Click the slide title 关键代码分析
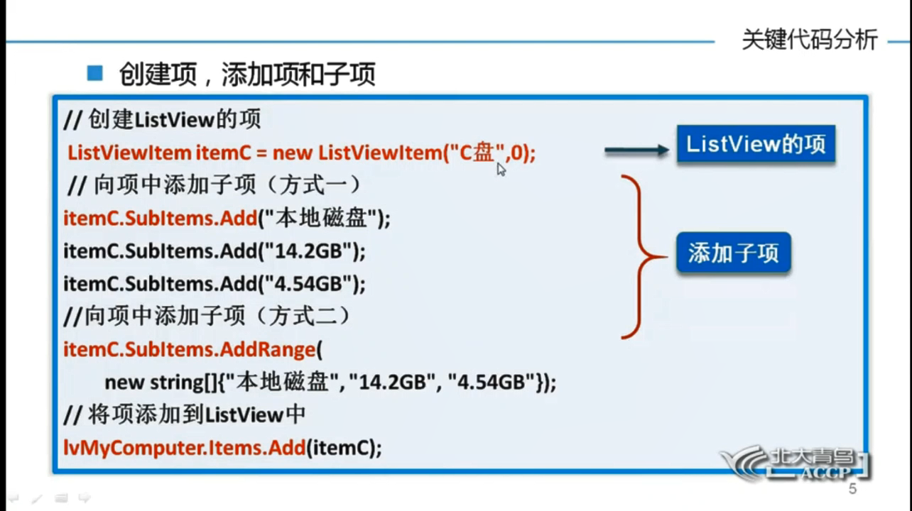[x=809, y=40]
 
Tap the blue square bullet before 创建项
[x=94, y=72]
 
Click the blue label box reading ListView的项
[x=755, y=145]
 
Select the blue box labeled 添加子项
[x=733, y=253]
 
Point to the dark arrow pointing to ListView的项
[x=636, y=150]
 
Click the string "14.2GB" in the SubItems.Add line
[x=308, y=251]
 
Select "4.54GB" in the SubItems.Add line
[x=308, y=284]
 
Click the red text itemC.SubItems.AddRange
[x=189, y=349]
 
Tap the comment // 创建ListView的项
[x=163, y=119]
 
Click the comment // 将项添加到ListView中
[x=185, y=415]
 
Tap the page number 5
[x=852, y=489]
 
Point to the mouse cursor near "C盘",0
[x=501, y=169]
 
